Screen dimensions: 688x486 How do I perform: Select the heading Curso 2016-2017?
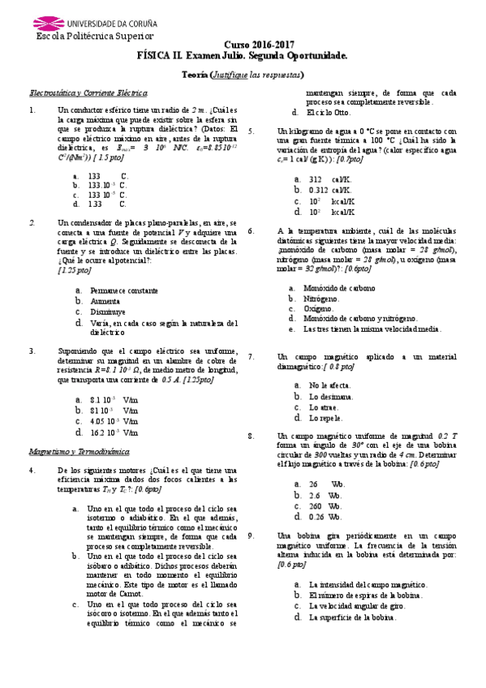click(x=258, y=46)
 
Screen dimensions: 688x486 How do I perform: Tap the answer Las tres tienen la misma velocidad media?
click(x=372, y=329)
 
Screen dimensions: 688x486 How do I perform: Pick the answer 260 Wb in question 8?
click(x=326, y=505)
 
